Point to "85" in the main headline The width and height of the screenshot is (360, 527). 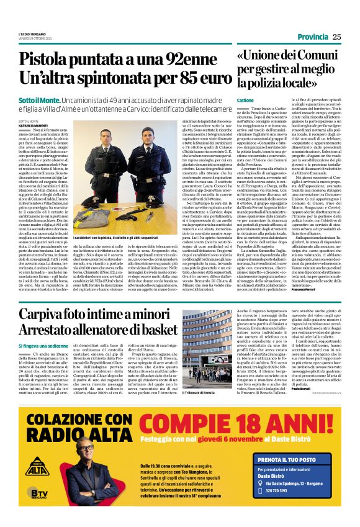pos(180,79)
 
